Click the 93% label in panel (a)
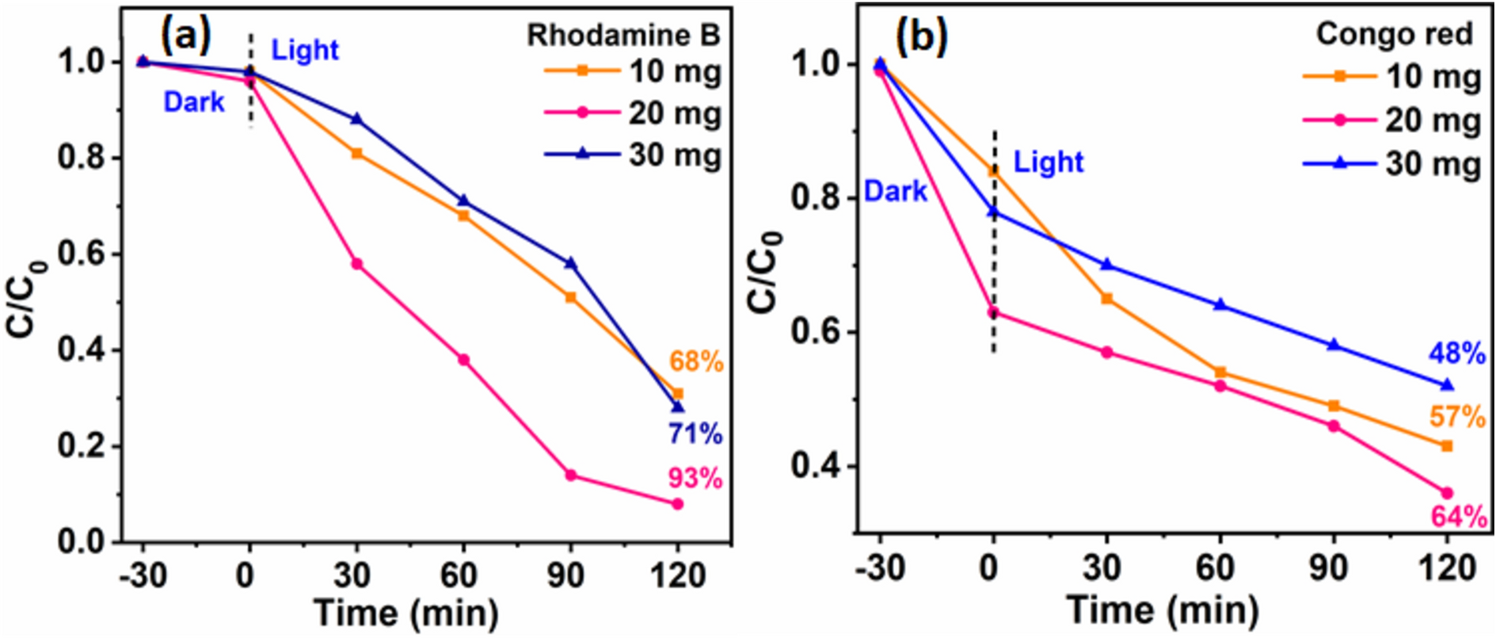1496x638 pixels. point(695,478)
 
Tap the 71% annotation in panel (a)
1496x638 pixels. point(695,434)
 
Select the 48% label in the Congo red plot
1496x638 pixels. point(1456,353)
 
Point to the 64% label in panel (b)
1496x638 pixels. point(1458,518)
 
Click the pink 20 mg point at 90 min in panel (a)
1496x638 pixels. point(570,476)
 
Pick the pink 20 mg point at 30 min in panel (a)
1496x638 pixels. point(357,264)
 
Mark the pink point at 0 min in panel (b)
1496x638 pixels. point(993,312)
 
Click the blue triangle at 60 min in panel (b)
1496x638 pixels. point(1220,304)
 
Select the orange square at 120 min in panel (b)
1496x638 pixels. point(1447,446)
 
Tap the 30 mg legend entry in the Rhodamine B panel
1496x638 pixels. point(634,155)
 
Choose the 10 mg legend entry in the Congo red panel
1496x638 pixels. point(1392,77)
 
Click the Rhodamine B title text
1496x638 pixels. point(623,35)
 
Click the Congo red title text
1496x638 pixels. point(1394,34)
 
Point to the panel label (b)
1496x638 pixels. point(921,36)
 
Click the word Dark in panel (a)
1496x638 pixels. point(194,102)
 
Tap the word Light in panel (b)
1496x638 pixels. point(1048,162)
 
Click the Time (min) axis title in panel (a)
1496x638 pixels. point(406,613)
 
